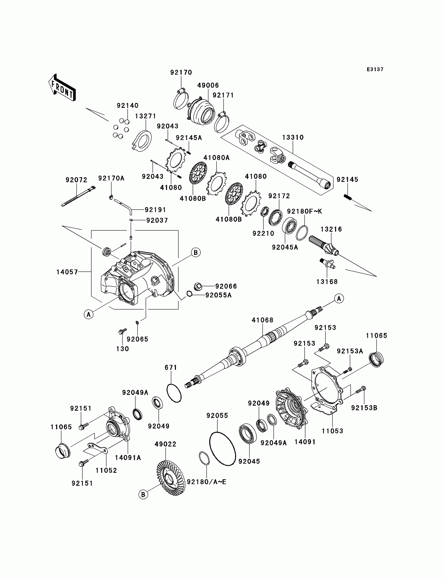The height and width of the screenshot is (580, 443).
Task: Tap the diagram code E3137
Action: click(x=375, y=69)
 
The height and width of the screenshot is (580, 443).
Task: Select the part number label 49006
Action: click(x=208, y=85)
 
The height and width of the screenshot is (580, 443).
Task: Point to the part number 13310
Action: click(x=293, y=137)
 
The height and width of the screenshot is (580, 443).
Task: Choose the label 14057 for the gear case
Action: click(x=67, y=272)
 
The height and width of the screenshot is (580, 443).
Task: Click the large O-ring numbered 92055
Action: click(x=222, y=449)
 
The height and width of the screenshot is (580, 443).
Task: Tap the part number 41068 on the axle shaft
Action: click(x=262, y=320)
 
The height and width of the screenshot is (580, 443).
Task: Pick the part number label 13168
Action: click(x=327, y=282)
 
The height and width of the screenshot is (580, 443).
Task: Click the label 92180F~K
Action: click(x=305, y=211)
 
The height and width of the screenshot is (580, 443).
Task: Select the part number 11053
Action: click(x=332, y=431)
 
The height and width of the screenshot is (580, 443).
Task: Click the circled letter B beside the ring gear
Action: click(x=143, y=494)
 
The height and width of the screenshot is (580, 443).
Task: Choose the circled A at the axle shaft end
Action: click(x=339, y=298)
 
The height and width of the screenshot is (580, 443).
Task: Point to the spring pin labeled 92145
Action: click(x=348, y=197)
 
